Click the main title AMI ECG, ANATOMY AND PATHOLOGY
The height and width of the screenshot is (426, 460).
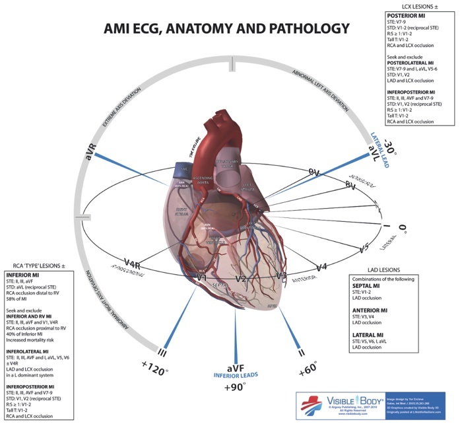tap(226, 29)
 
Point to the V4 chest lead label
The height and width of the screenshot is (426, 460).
tap(321, 267)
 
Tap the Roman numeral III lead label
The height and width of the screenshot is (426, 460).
tap(165, 351)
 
